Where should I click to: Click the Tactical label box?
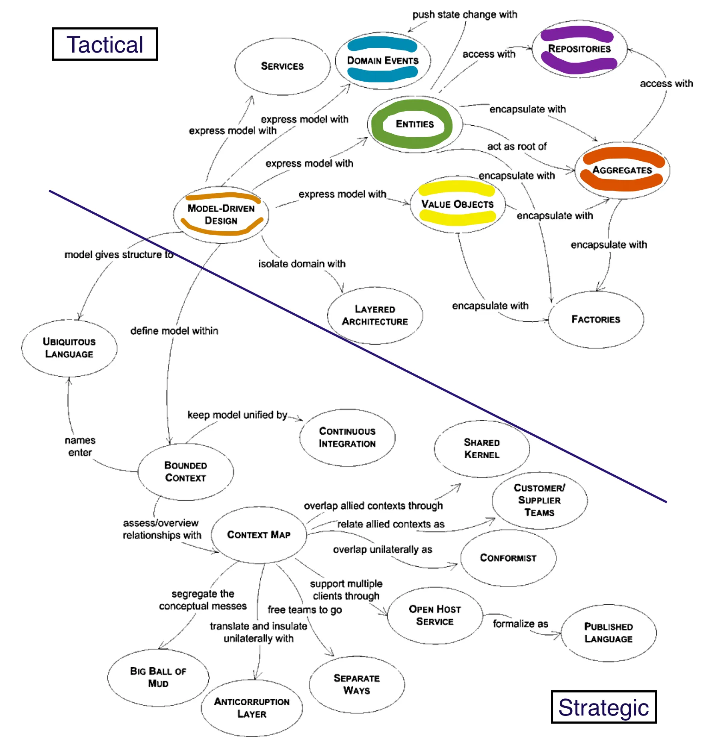pos(105,44)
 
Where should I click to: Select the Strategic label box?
pos(603,707)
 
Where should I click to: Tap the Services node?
pos(282,66)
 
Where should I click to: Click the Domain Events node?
pos(382,60)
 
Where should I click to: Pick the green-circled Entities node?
pos(414,124)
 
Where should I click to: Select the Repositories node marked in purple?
pos(579,49)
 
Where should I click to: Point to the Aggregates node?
pos(622,170)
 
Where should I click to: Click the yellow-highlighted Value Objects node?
pos(457,204)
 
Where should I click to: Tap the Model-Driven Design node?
pos(221,215)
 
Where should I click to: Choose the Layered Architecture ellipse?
pos(375,315)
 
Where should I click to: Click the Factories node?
pos(596,319)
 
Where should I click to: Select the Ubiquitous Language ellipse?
pos(69,348)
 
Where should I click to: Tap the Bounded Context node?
pos(186,471)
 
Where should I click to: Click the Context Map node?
pos(259,535)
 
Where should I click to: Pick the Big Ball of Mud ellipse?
pos(158,677)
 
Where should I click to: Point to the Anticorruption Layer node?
pos(252,708)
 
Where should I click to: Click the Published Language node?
pos(608,633)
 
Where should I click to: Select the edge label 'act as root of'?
pos(517,147)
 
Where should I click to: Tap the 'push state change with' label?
pos(464,15)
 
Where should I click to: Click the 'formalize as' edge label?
pos(520,624)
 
